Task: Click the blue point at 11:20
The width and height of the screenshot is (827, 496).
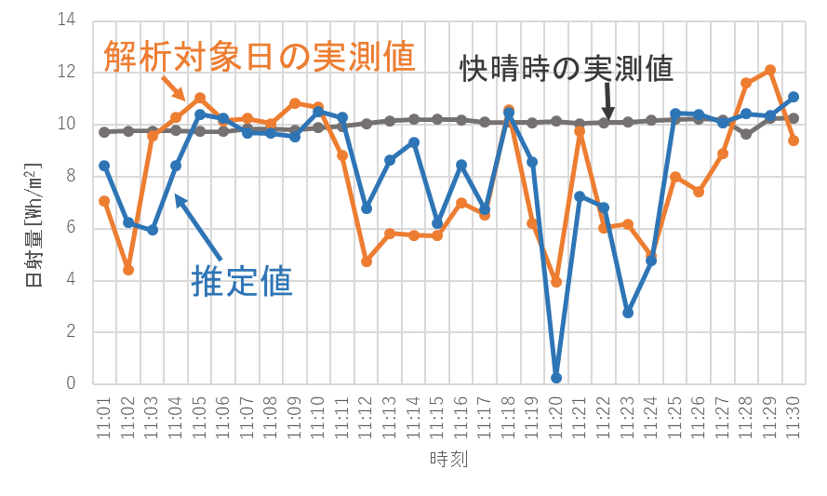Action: pos(556,378)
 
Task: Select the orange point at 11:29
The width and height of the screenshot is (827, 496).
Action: pos(770,70)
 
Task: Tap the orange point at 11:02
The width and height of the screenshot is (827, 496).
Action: pos(128,270)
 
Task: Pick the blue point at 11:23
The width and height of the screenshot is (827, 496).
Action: pos(628,313)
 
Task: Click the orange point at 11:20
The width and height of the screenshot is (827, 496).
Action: pos(556,281)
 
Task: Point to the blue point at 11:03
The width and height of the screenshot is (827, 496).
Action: pos(152,230)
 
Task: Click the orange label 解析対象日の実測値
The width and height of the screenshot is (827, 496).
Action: pos(260,55)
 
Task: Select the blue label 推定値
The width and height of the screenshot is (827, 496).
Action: pos(242,280)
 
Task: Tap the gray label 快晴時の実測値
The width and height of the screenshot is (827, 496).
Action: pos(566,69)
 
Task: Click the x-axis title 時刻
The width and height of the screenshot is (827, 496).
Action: pos(448,460)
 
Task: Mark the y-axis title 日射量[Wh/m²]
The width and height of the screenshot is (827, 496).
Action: pos(31,223)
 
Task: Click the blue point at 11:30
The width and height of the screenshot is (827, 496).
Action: pos(794,97)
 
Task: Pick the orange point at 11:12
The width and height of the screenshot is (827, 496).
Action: pos(367,261)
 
